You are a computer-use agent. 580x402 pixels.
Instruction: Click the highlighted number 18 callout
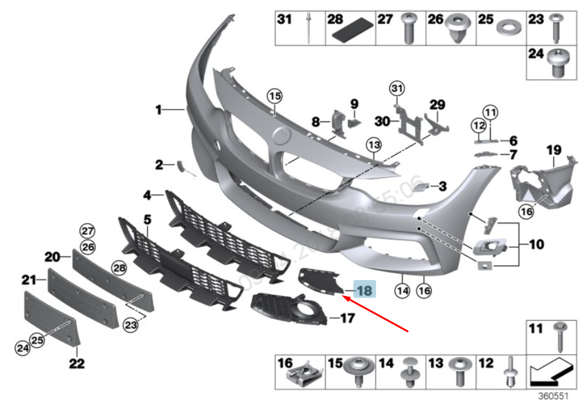[x=363, y=289]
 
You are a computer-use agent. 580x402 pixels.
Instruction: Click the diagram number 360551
[x=554, y=396]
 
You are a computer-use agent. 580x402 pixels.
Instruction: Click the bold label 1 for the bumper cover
[x=158, y=110]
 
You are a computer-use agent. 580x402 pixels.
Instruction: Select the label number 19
[x=554, y=150]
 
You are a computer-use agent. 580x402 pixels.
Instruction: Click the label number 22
[x=77, y=363]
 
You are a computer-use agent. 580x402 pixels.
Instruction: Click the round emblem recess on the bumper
[x=281, y=135]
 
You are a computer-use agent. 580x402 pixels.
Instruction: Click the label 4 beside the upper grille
[x=147, y=195]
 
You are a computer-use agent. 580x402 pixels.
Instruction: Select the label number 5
[x=147, y=218]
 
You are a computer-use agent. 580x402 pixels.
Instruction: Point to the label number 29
[x=437, y=105]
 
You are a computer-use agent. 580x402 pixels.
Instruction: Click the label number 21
[x=29, y=280]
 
